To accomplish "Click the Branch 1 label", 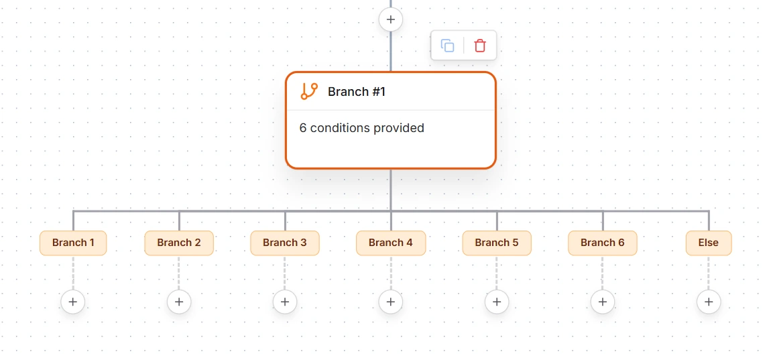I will pyautogui.click(x=73, y=243).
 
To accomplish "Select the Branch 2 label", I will pyautogui.click(x=179, y=243).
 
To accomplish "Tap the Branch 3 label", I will pyautogui.click(x=285, y=243).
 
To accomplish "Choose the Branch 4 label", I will pyautogui.click(x=391, y=243).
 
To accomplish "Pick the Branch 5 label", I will pyautogui.click(x=497, y=243).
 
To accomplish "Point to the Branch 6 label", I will pyautogui.click(x=603, y=243).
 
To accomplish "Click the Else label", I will pyautogui.click(x=709, y=243).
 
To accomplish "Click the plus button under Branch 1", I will pyautogui.click(x=73, y=302).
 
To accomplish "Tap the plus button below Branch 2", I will pyautogui.click(x=179, y=302).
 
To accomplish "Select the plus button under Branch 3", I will pyautogui.click(x=285, y=302).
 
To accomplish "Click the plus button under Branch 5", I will pyautogui.click(x=497, y=302).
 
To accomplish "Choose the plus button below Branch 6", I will pyautogui.click(x=603, y=302).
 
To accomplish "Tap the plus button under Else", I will pyautogui.click(x=709, y=302).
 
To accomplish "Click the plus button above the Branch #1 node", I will pyautogui.click(x=391, y=19).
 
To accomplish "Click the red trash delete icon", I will pyautogui.click(x=480, y=46).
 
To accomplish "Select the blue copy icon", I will pyautogui.click(x=447, y=46).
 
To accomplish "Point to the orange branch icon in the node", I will pyautogui.click(x=309, y=91).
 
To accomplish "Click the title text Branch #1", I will pyautogui.click(x=357, y=92).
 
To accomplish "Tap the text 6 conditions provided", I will pyautogui.click(x=362, y=128).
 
